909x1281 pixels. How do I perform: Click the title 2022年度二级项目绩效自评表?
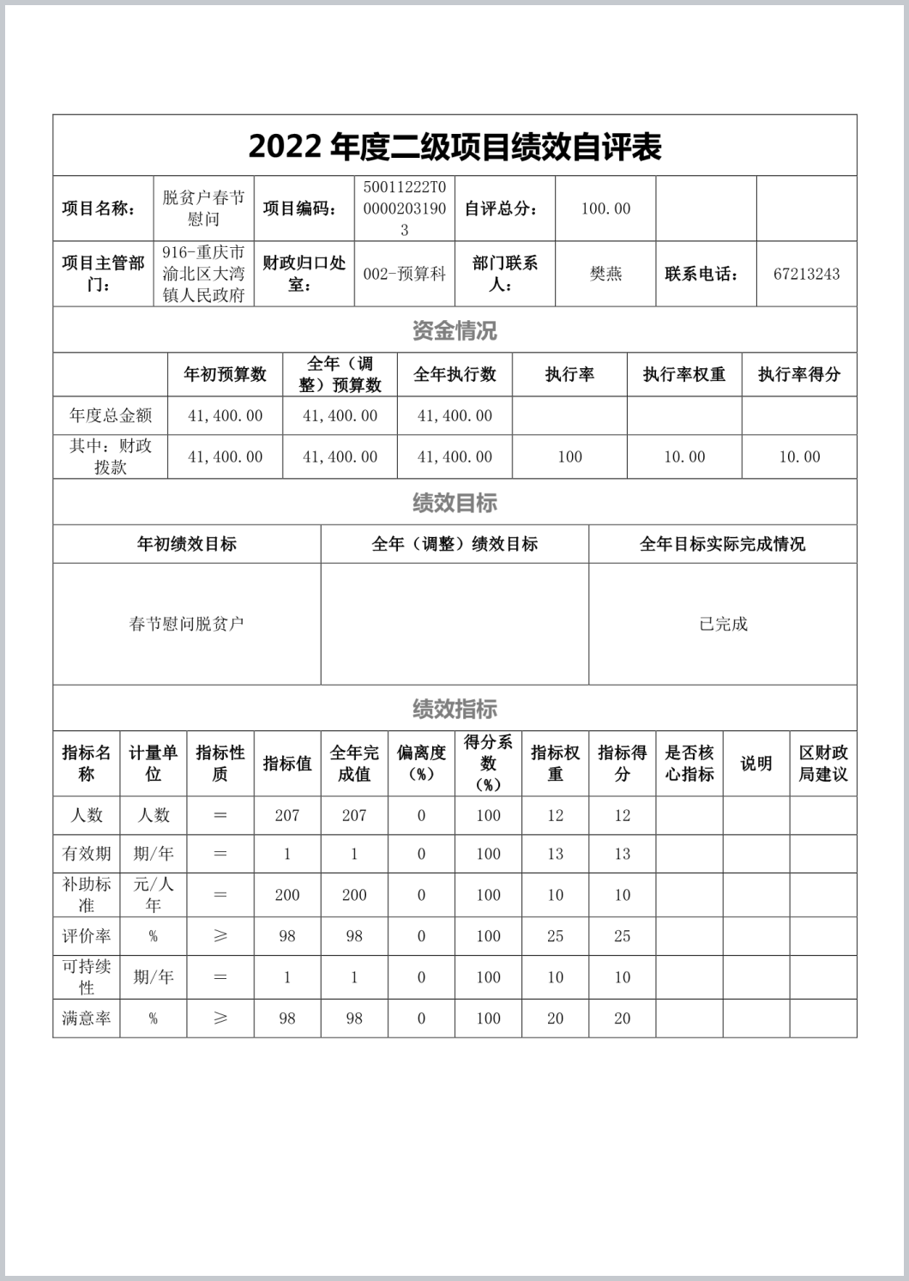point(454,147)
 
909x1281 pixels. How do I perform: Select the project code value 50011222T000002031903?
point(405,208)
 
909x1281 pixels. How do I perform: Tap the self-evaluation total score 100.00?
point(605,208)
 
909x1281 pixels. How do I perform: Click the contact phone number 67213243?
point(806,275)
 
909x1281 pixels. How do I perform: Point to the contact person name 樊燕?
point(605,275)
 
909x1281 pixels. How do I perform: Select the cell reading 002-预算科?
point(405,275)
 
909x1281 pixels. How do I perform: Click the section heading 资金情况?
point(454,330)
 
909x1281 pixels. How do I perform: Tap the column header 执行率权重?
point(684,374)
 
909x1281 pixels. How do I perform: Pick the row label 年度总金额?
point(111,416)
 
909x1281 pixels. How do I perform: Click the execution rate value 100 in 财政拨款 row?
point(569,457)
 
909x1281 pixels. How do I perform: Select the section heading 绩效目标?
point(454,503)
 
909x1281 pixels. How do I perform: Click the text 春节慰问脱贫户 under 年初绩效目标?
point(187,624)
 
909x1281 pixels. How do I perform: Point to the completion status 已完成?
point(723,624)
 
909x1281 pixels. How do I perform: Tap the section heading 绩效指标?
point(454,709)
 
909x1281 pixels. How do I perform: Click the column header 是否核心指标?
point(689,764)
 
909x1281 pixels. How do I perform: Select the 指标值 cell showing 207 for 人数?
point(287,815)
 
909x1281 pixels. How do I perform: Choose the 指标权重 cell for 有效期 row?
point(556,854)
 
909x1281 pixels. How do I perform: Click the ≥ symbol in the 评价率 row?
point(220,936)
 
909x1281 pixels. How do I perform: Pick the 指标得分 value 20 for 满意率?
point(623,1018)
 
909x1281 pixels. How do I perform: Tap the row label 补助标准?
point(87,895)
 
